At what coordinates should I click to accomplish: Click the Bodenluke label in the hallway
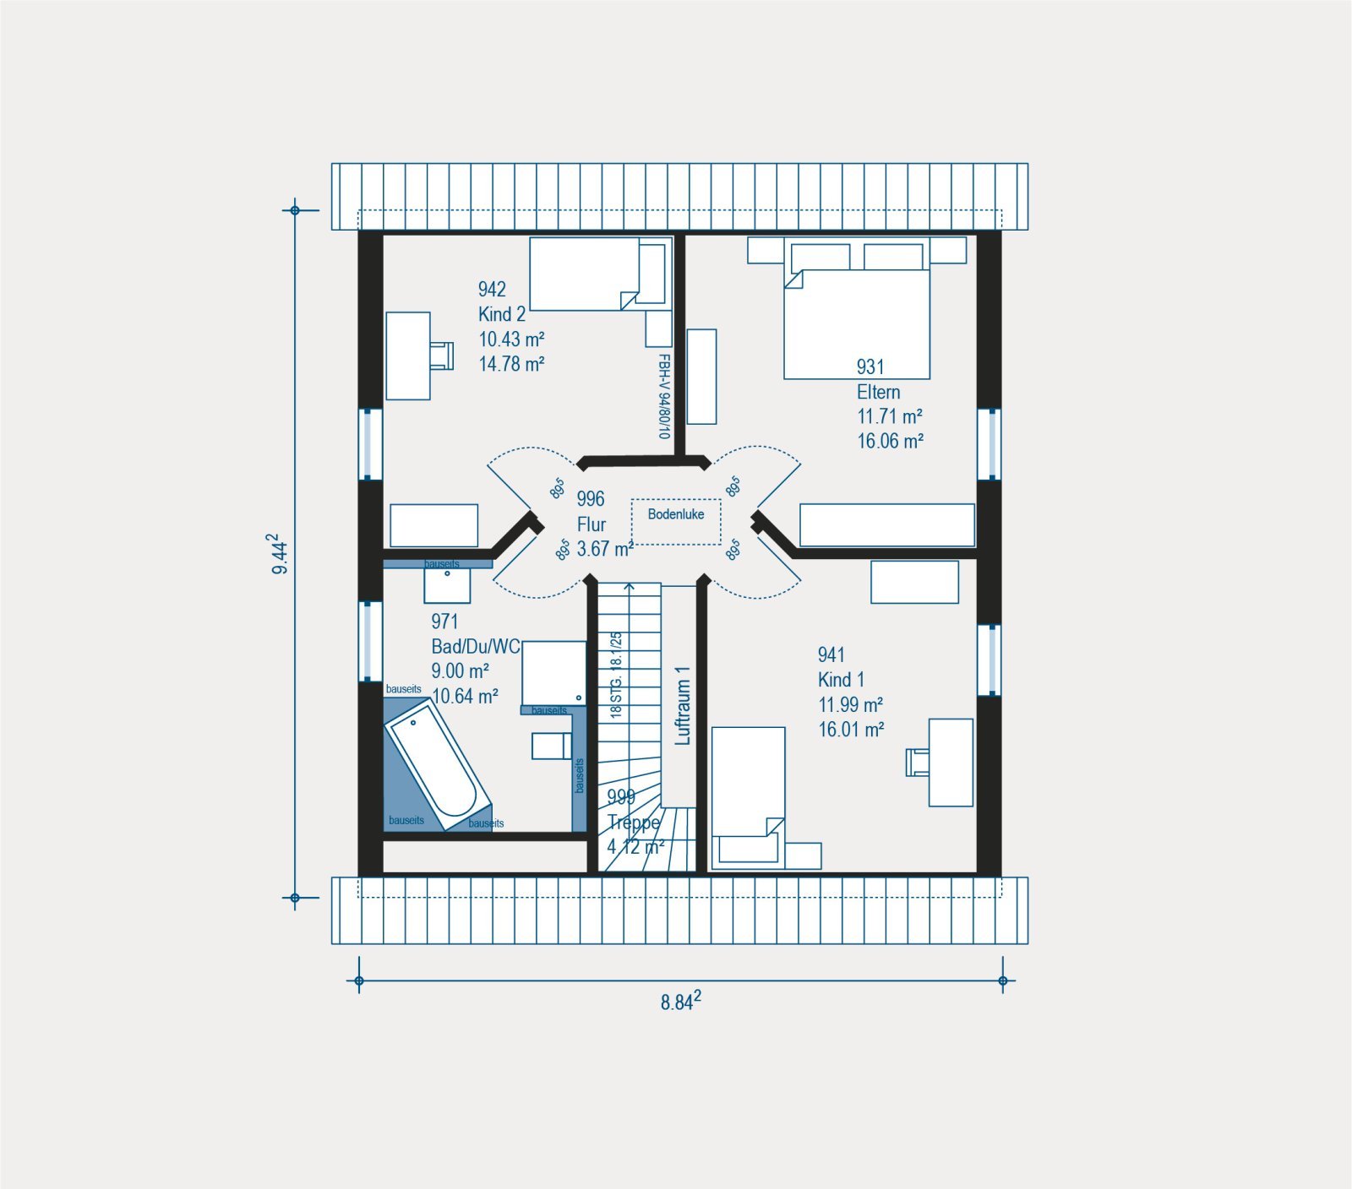tap(676, 514)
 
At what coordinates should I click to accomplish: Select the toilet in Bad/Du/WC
tap(552, 746)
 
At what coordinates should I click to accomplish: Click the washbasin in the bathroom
tap(447, 585)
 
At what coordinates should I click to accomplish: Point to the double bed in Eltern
tap(857, 311)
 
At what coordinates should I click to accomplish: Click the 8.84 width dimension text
tap(680, 1002)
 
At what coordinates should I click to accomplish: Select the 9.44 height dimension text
tap(278, 554)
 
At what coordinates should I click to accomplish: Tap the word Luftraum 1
tap(683, 705)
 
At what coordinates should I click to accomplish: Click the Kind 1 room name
tap(841, 680)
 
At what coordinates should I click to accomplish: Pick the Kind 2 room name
tap(502, 314)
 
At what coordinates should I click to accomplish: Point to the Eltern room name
tap(879, 392)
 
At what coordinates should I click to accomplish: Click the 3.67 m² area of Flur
tap(605, 549)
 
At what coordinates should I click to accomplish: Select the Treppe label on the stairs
tap(634, 823)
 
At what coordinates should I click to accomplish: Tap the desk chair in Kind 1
tap(918, 762)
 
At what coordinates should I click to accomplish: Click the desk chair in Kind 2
tap(441, 356)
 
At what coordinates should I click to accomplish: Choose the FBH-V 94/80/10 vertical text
tap(664, 396)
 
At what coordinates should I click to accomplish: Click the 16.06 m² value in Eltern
tap(890, 441)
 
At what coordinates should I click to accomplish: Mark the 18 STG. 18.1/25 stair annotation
tap(616, 674)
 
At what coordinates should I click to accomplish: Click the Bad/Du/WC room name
tap(476, 647)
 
